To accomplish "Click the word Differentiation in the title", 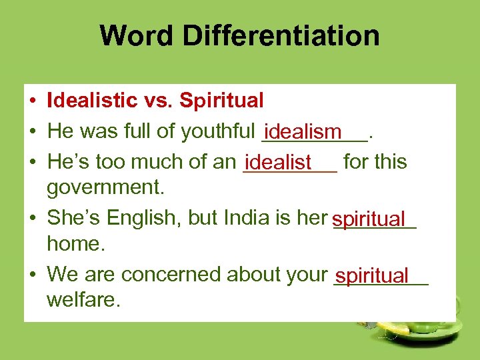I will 281,36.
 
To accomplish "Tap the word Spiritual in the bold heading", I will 222,101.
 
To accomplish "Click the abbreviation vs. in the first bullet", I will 160,101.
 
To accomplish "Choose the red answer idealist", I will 278,162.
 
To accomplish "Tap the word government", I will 105,188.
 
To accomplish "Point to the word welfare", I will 83,300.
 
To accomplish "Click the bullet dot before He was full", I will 32,132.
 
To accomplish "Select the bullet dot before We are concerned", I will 32,275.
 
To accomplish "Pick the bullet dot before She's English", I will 32,219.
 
